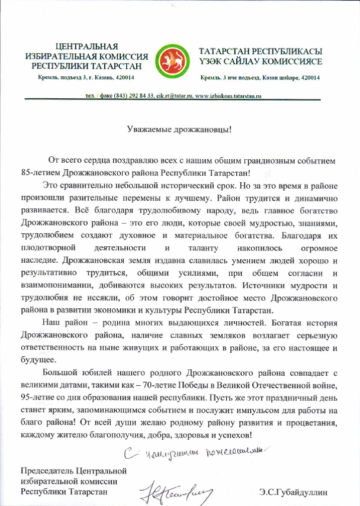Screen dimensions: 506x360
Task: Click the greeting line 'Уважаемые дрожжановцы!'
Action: click(x=179, y=128)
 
